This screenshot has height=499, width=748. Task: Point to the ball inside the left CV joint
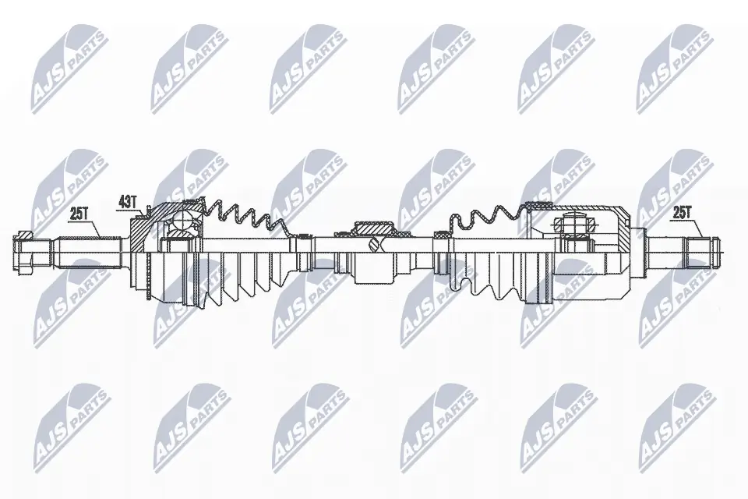181,220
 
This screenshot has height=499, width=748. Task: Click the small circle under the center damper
376,245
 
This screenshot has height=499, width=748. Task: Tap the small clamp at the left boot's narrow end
302,235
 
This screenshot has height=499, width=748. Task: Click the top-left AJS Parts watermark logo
69,69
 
